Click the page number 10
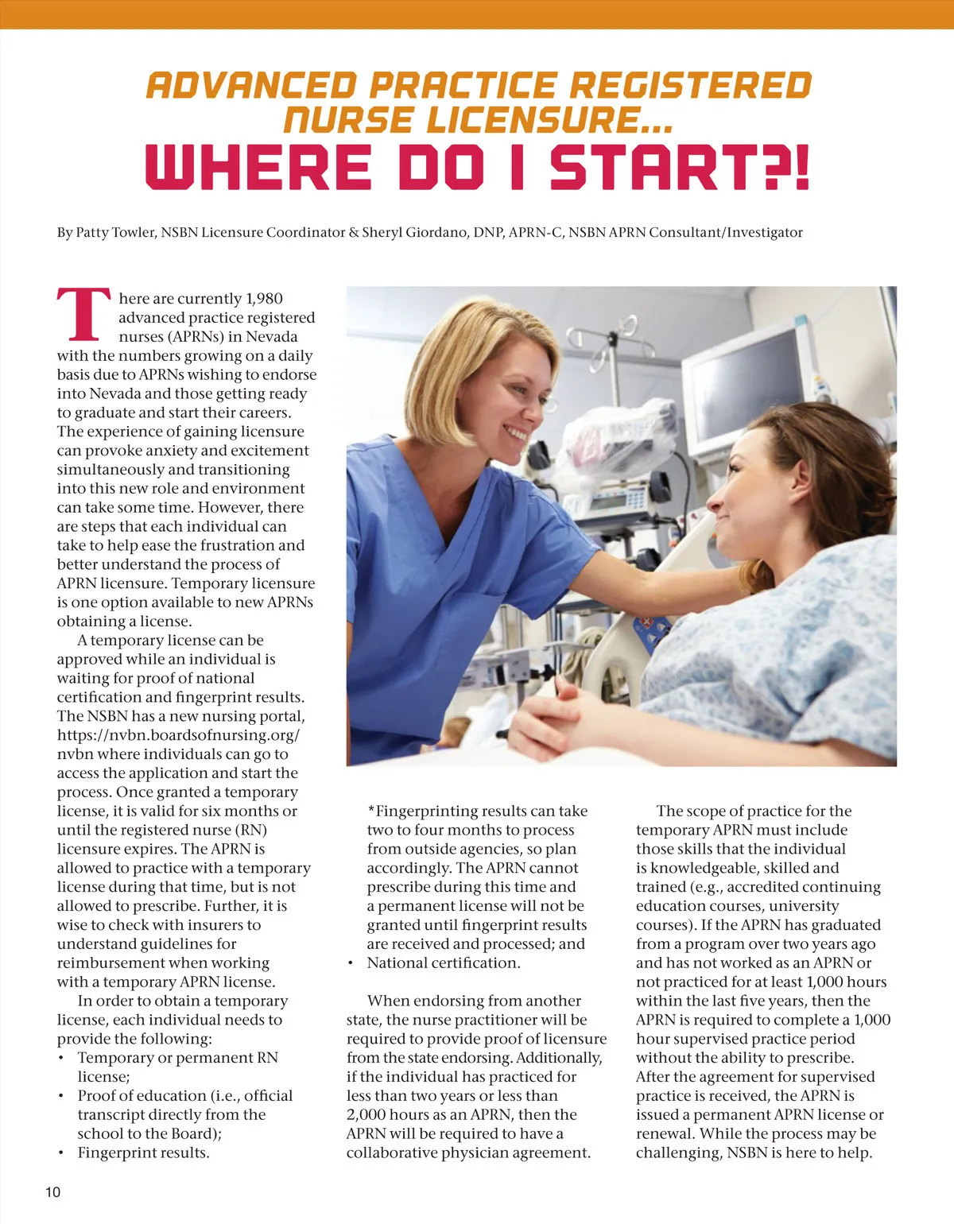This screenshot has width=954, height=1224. (x=52, y=1191)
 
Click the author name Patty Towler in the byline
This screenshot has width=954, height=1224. (x=115, y=233)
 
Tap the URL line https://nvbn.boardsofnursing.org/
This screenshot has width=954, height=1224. (x=178, y=735)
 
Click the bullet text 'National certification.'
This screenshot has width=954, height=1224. (x=444, y=963)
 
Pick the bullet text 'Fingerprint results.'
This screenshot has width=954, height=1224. (x=143, y=1153)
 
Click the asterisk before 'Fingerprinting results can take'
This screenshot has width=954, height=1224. (x=371, y=811)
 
